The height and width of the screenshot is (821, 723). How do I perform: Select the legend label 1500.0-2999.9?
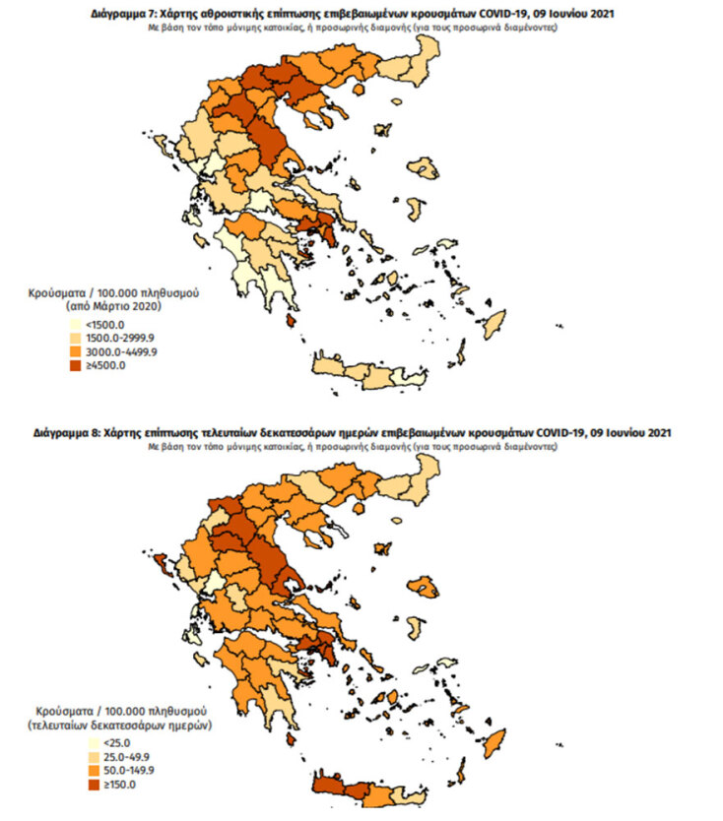tap(112, 338)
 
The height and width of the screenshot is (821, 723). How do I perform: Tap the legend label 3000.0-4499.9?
tap(112, 351)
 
